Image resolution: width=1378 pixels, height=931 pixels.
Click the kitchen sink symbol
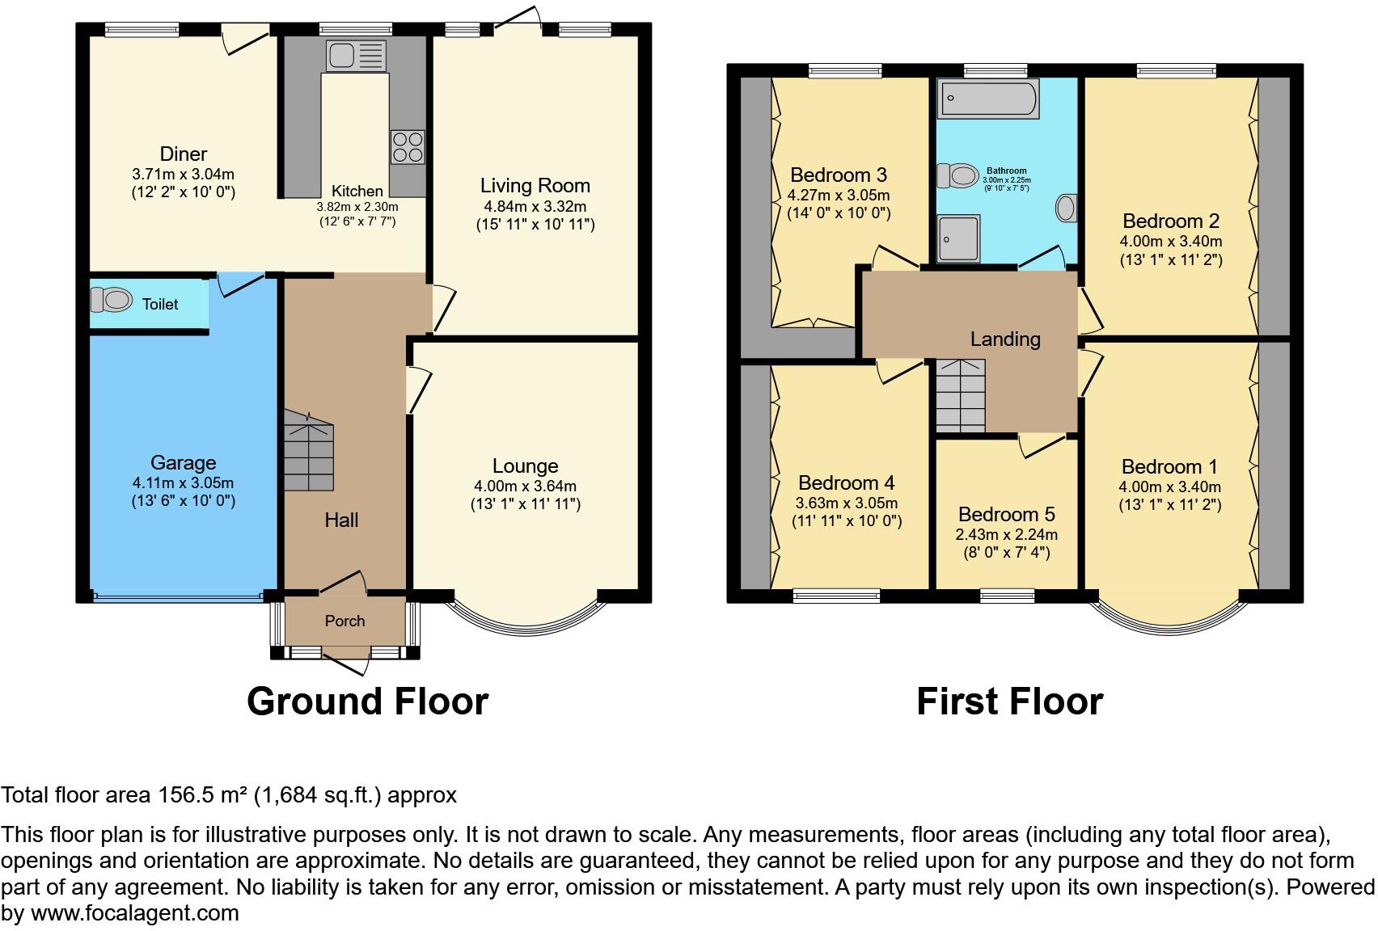pos(357,56)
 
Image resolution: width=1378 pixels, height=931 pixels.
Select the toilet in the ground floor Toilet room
pos(111,300)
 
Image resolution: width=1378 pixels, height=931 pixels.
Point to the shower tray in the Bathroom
pos(958,238)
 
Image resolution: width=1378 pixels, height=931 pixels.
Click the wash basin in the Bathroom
pos(1066,208)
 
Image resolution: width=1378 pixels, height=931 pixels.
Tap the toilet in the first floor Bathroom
pos(957,175)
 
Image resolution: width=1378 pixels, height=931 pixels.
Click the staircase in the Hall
pos(308,452)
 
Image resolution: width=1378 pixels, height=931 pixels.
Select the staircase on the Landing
pos(961,396)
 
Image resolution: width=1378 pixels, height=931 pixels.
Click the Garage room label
pos(184,462)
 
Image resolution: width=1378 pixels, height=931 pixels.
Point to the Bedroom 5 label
pos(1006,514)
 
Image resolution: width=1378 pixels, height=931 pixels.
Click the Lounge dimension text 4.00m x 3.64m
pos(525,486)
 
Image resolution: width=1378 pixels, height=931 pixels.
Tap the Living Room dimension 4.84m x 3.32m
pos(535,206)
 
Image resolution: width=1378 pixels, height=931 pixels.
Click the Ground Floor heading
pos(367,701)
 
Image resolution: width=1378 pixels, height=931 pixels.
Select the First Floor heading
pos(1009,701)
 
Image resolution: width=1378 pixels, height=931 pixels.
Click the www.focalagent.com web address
pos(135,913)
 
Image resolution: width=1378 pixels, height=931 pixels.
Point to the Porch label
pos(344,621)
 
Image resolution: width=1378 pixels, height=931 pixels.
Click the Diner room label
pos(184,154)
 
